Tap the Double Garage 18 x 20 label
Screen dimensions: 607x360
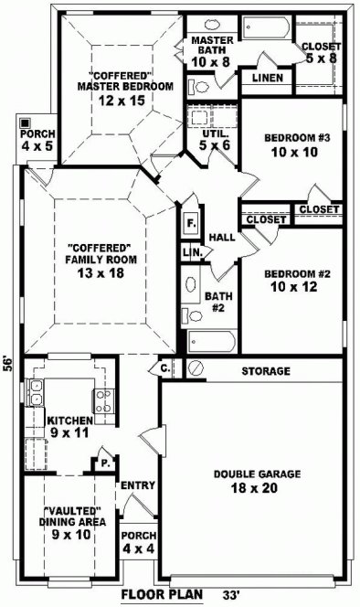click(x=251, y=481)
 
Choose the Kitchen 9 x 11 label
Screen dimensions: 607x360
click(x=69, y=425)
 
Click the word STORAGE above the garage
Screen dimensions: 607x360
click(x=266, y=372)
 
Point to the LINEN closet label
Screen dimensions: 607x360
click(x=267, y=79)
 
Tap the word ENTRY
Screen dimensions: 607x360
click(x=137, y=485)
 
